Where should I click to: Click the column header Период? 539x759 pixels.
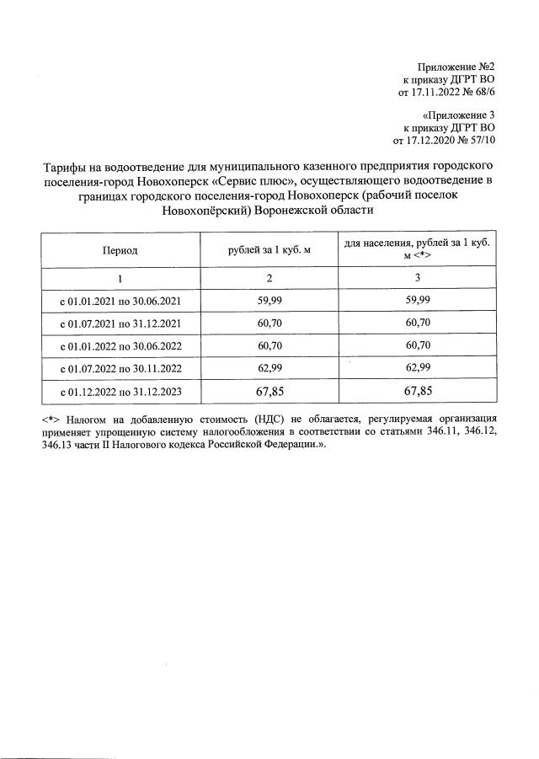point(120,250)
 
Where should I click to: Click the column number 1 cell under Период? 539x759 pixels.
point(120,278)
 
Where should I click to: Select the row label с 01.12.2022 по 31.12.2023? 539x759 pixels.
point(120,392)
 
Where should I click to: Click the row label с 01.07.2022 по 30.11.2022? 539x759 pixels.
point(120,368)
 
